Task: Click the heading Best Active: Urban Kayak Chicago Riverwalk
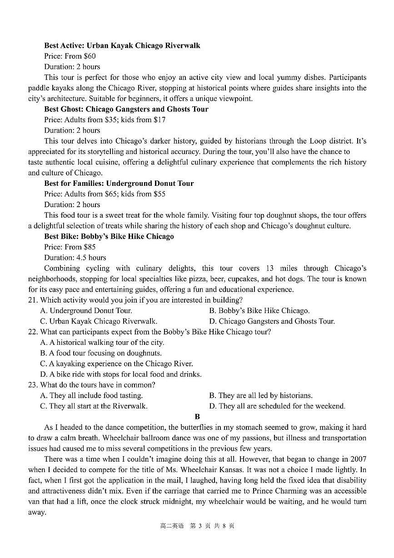coord(122,45)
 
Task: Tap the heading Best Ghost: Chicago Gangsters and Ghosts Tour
coord(126,109)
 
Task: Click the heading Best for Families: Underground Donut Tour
coord(119,184)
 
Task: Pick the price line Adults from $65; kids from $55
coord(105,194)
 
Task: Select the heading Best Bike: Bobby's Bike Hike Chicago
coord(109,236)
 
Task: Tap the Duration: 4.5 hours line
coord(75,258)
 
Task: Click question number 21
coord(32,300)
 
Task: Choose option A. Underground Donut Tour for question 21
coord(86,311)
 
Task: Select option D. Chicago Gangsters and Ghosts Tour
coord(272,321)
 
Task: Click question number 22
coord(32,332)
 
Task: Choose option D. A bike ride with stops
coord(120,374)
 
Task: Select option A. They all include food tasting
coord(91,395)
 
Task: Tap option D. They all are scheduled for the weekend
coord(277,406)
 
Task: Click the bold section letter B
coord(197,417)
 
